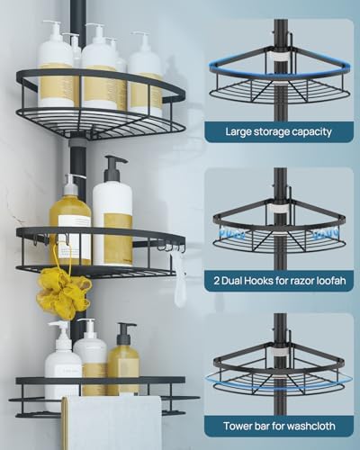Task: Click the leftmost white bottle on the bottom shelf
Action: [63, 360]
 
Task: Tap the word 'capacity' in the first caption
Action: [308, 131]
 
